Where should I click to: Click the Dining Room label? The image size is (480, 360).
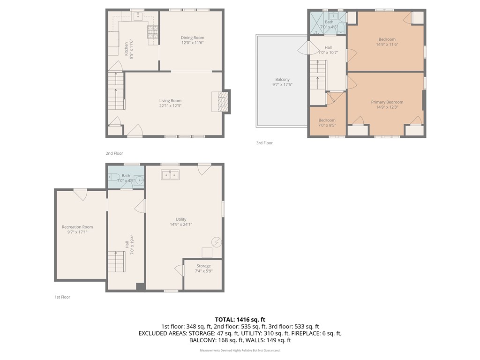[193, 37]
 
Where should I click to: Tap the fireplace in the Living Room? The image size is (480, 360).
[220, 101]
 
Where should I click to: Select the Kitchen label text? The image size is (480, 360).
[126, 49]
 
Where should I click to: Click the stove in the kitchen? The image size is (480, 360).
[153, 32]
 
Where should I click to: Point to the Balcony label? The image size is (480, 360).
[282, 79]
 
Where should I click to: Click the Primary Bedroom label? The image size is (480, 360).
[387, 102]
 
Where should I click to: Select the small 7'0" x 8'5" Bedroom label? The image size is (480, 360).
[327, 120]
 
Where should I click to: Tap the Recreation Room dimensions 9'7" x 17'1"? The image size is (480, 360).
[77, 232]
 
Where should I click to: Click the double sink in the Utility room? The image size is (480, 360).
[171, 175]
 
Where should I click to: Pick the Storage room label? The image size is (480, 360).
[203, 266]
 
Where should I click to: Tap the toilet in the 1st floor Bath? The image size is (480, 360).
[114, 177]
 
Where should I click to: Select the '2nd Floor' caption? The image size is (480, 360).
[114, 153]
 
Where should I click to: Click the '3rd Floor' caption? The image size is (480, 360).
[264, 143]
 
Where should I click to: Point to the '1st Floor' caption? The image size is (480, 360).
[62, 297]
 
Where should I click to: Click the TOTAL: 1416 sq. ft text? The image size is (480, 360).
[240, 320]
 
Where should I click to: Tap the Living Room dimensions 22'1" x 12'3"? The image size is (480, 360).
[170, 106]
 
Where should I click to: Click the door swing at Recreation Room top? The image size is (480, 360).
[80, 194]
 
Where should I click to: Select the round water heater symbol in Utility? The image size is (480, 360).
[217, 242]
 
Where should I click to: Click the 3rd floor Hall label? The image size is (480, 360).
[328, 47]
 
